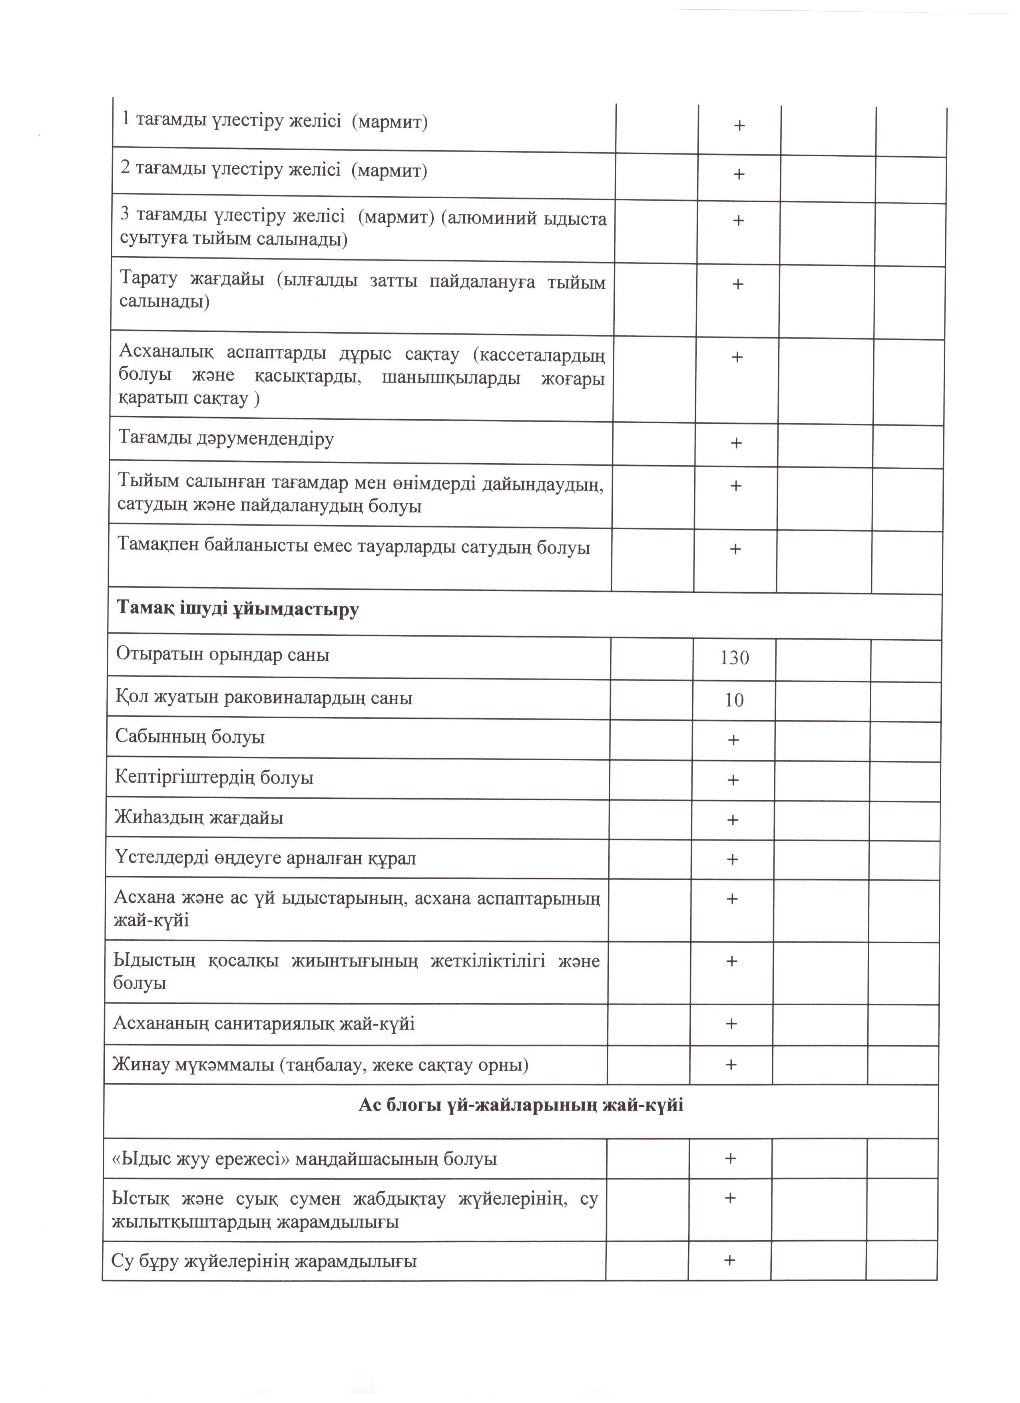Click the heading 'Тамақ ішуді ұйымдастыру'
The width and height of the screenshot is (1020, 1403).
238,609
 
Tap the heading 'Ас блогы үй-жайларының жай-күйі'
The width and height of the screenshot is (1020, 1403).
521,1104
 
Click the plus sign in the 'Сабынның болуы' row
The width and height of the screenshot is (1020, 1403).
733,740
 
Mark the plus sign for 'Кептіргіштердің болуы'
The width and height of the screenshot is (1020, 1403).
733,780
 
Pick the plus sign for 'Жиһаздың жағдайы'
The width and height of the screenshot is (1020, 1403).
733,820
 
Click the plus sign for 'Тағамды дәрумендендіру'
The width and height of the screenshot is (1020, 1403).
736,443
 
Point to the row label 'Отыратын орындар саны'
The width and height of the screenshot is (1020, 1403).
223,654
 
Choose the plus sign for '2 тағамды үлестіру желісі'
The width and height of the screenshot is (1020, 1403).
739,174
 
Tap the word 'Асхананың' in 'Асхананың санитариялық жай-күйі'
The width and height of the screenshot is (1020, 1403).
161,1023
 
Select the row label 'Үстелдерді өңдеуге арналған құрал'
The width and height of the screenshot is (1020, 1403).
265,858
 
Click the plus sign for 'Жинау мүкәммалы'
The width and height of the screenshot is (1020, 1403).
731,1064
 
